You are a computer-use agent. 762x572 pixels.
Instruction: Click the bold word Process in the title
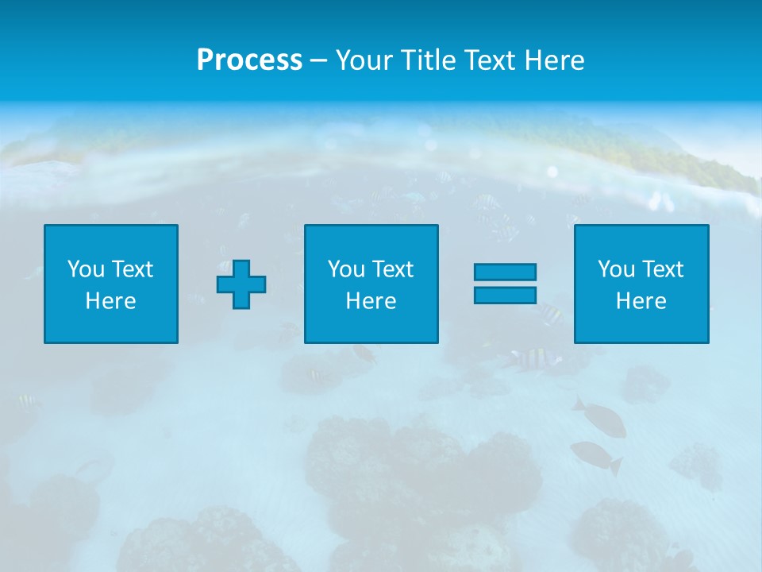(x=249, y=60)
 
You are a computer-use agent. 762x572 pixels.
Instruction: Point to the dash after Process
(x=319, y=60)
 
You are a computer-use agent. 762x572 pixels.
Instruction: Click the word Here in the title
(x=554, y=60)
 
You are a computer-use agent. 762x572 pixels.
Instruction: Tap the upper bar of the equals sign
(x=505, y=272)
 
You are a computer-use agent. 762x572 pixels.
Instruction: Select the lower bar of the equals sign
(x=505, y=295)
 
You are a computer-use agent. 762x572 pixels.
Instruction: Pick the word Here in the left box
(x=110, y=301)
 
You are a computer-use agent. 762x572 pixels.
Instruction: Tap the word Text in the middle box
(x=392, y=269)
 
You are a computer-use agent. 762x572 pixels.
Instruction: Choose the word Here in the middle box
(x=371, y=301)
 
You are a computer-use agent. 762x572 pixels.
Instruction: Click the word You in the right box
(x=617, y=269)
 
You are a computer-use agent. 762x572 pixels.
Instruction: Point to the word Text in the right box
(x=662, y=269)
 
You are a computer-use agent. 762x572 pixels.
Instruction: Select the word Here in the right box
(x=641, y=301)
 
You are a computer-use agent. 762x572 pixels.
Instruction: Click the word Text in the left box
(x=132, y=269)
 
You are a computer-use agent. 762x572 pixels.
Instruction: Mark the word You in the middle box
(x=347, y=269)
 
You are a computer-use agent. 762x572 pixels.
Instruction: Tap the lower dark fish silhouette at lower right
(x=595, y=455)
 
